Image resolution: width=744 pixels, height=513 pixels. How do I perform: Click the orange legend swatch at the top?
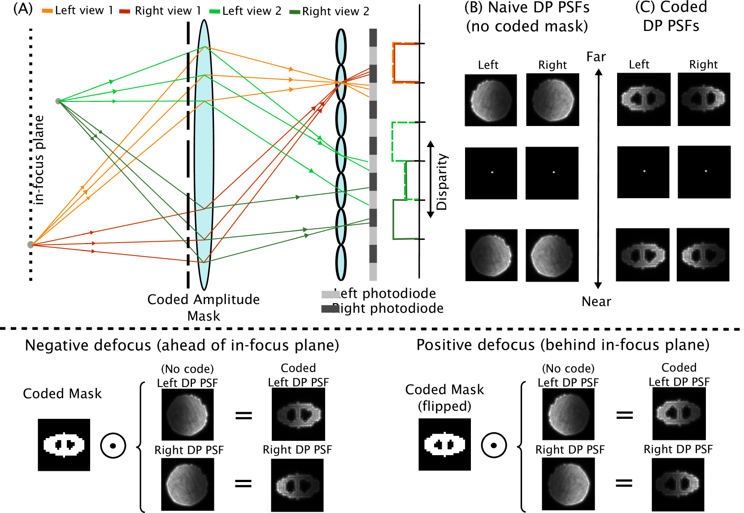point(47,11)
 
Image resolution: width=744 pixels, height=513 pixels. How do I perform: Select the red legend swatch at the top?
point(125,11)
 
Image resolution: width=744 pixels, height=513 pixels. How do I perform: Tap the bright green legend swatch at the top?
point(214,11)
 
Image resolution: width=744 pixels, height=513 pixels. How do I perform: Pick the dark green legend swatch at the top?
point(295,12)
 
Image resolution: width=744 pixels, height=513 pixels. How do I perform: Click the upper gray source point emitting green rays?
point(58,101)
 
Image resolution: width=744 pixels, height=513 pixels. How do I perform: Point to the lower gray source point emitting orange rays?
point(30,244)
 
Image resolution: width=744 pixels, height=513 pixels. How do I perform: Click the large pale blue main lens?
point(204,155)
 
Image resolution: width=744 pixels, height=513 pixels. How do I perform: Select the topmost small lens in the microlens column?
point(341,47)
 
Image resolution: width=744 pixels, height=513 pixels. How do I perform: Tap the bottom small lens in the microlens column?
point(341,262)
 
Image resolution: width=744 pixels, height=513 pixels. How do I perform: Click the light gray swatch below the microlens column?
point(331,295)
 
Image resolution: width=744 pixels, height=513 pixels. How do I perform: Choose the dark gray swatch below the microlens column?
point(331,309)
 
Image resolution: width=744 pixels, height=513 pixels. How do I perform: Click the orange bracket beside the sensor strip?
point(394,63)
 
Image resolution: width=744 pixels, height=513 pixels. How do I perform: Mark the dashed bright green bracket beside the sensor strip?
point(393,141)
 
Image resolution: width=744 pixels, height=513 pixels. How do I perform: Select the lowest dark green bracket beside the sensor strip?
point(394,220)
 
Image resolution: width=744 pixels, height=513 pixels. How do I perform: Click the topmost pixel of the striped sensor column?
point(373,37)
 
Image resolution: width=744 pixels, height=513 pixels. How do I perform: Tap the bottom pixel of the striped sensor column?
point(373,272)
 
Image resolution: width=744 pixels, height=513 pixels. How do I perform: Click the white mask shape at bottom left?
point(64,444)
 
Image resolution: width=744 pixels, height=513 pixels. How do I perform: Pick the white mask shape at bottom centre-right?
point(444,444)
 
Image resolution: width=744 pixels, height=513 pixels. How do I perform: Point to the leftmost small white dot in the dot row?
point(492,172)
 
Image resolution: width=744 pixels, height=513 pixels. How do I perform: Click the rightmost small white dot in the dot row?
point(706,171)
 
